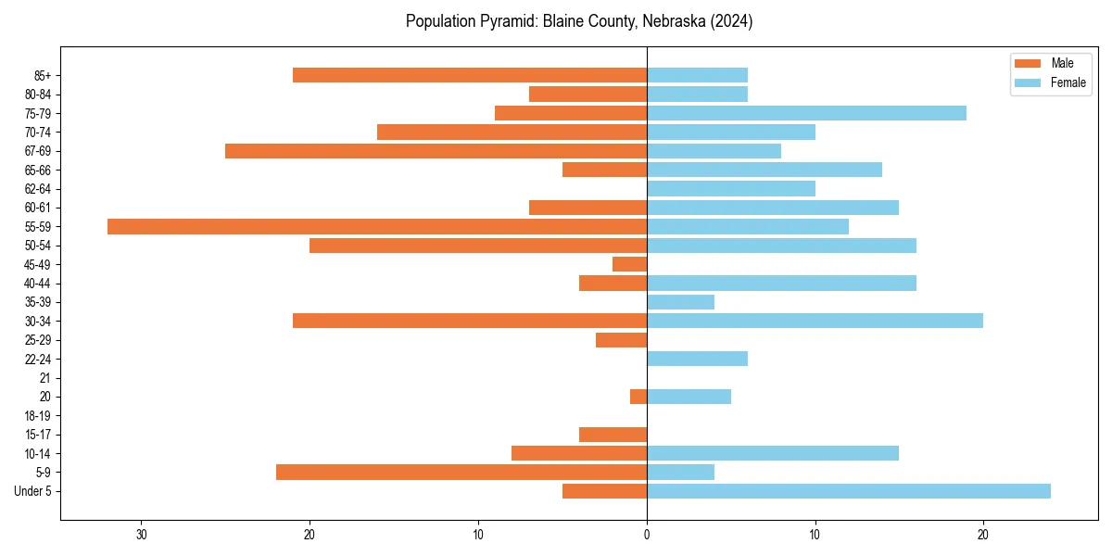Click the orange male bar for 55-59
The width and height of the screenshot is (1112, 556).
(377, 226)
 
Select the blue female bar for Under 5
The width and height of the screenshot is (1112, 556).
(849, 491)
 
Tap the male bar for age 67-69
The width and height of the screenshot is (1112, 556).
(436, 151)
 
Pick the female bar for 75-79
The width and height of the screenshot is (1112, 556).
(806, 113)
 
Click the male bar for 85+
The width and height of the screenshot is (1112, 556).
(470, 75)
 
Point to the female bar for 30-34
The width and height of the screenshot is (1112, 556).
(815, 321)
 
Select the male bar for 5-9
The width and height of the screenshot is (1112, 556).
(461, 472)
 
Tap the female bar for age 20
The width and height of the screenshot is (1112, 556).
(689, 397)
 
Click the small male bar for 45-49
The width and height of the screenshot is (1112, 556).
(630, 264)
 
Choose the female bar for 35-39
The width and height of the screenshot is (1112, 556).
(680, 302)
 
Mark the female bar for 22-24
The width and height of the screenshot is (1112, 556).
(697, 359)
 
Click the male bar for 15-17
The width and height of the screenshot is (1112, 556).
(613, 435)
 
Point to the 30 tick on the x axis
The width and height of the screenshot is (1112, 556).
(142, 535)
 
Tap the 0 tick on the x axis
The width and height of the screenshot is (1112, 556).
(647, 535)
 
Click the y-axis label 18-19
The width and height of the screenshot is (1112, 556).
(38, 416)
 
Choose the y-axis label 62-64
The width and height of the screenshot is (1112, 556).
(38, 189)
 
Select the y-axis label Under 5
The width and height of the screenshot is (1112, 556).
(33, 491)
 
